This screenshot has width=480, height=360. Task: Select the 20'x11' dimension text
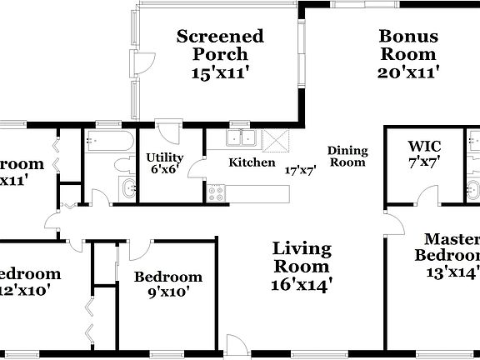tap(408, 72)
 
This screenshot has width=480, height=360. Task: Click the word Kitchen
tap(252, 162)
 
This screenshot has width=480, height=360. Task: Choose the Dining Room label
tap(347, 157)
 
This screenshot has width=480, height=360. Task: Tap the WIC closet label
tap(423, 145)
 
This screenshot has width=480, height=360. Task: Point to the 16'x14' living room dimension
tap(302, 284)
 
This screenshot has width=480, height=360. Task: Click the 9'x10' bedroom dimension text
tap(168, 292)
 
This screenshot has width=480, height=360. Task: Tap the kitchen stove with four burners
tap(217, 192)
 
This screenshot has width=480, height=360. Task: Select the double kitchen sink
tap(242, 138)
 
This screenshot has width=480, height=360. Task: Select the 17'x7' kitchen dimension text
tap(300, 169)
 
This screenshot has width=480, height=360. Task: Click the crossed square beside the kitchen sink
tap(273, 139)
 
